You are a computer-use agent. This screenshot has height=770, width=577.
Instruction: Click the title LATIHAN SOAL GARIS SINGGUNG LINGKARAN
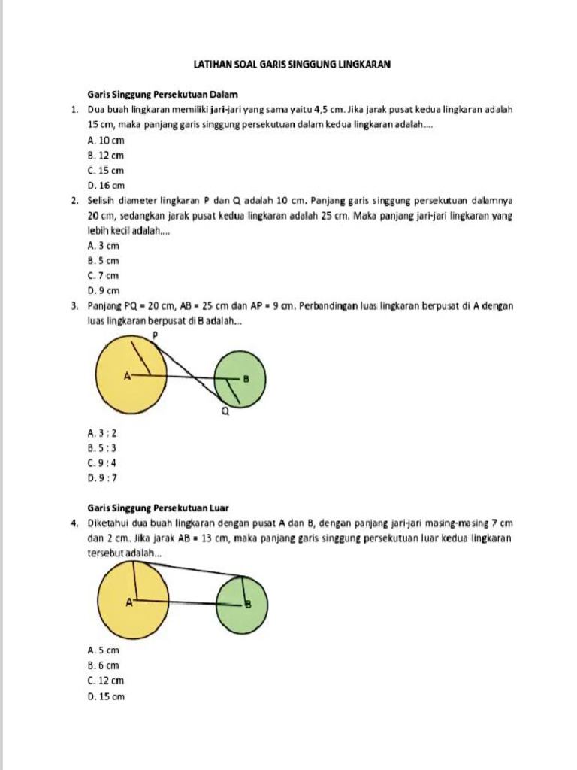click(292, 65)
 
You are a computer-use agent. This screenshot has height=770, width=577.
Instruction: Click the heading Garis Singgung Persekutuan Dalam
click(162, 95)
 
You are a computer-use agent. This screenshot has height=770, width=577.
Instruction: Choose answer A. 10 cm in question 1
click(106, 140)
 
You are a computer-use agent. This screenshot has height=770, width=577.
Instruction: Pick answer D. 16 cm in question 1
click(106, 185)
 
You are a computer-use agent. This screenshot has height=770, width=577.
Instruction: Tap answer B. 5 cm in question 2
click(104, 260)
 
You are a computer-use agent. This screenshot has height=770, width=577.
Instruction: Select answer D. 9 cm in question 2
click(104, 290)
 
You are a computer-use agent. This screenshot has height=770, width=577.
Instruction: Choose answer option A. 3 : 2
click(102, 432)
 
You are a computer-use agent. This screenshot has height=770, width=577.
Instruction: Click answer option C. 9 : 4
click(102, 462)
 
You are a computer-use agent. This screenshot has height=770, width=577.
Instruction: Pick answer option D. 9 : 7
click(102, 477)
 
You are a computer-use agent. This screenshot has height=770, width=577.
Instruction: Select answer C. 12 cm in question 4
click(106, 681)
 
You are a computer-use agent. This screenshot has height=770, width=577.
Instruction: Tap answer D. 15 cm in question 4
click(106, 696)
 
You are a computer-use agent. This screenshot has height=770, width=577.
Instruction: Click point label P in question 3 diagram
click(155, 335)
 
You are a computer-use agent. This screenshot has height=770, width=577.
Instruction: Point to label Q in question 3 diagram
click(224, 412)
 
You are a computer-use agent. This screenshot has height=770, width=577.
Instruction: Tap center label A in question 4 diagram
click(128, 602)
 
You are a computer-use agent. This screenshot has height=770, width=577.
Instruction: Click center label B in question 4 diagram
click(248, 605)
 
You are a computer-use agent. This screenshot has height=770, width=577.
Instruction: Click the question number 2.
click(75, 201)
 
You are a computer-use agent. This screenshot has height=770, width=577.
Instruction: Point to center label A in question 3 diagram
click(127, 374)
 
